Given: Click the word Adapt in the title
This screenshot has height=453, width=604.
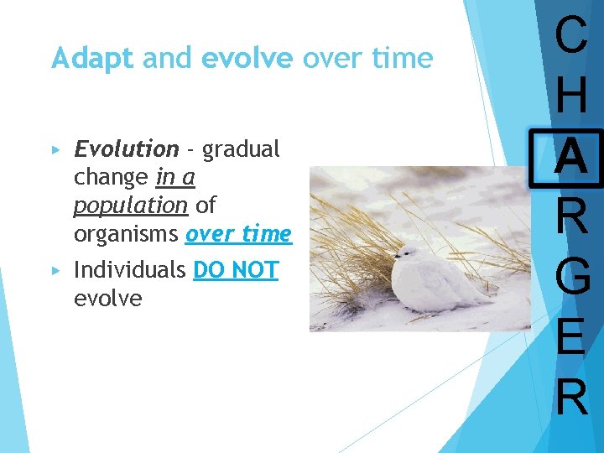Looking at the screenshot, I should point(92,59).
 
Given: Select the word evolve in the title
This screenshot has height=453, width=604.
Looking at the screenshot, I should point(247,59).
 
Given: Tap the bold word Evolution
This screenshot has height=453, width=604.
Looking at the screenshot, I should point(126,149).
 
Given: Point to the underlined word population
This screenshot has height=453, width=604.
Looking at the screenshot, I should point(130,206).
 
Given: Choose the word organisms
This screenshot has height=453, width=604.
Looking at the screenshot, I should point(126,234).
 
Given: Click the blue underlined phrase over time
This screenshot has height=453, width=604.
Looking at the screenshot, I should point(238,234).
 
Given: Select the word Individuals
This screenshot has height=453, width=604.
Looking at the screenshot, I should point(130,270).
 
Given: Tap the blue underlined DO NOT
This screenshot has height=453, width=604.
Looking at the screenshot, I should point(236,270).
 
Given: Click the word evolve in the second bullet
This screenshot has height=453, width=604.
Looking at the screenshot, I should point(108,299).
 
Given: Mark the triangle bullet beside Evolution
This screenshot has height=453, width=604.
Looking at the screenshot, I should point(56,150).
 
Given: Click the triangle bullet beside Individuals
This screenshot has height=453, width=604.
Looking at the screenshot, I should point(56,271).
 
